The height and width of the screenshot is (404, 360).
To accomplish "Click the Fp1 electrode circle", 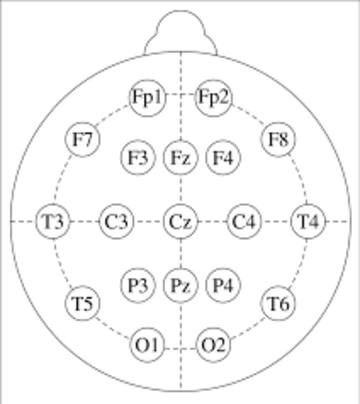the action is [147, 96].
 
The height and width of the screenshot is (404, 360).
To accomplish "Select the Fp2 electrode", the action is [213, 96].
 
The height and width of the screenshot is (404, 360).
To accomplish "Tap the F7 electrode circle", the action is [83, 139].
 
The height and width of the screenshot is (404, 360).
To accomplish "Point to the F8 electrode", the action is [278, 139].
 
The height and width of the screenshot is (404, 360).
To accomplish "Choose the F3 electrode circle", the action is [138, 157].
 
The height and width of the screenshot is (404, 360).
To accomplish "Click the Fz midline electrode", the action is [180, 157].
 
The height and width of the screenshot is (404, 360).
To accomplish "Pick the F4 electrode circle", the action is [222, 157].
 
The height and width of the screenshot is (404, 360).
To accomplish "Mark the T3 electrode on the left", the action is [52, 220].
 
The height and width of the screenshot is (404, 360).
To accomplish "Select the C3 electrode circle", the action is [116, 220].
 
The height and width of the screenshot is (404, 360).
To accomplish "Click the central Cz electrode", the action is [180, 220].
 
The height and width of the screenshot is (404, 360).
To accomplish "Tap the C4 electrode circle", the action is [244, 220].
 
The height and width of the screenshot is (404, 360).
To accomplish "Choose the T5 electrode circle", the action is [83, 302].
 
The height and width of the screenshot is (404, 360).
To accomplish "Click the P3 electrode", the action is [138, 284].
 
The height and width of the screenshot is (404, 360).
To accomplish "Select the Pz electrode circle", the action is [180, 284].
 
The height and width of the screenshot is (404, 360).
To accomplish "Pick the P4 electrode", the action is [222, 284].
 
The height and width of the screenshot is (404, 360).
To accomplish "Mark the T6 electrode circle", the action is [278, 302].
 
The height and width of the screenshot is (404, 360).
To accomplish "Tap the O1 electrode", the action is [147, 345].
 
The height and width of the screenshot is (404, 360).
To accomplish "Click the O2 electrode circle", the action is [212, 345].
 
